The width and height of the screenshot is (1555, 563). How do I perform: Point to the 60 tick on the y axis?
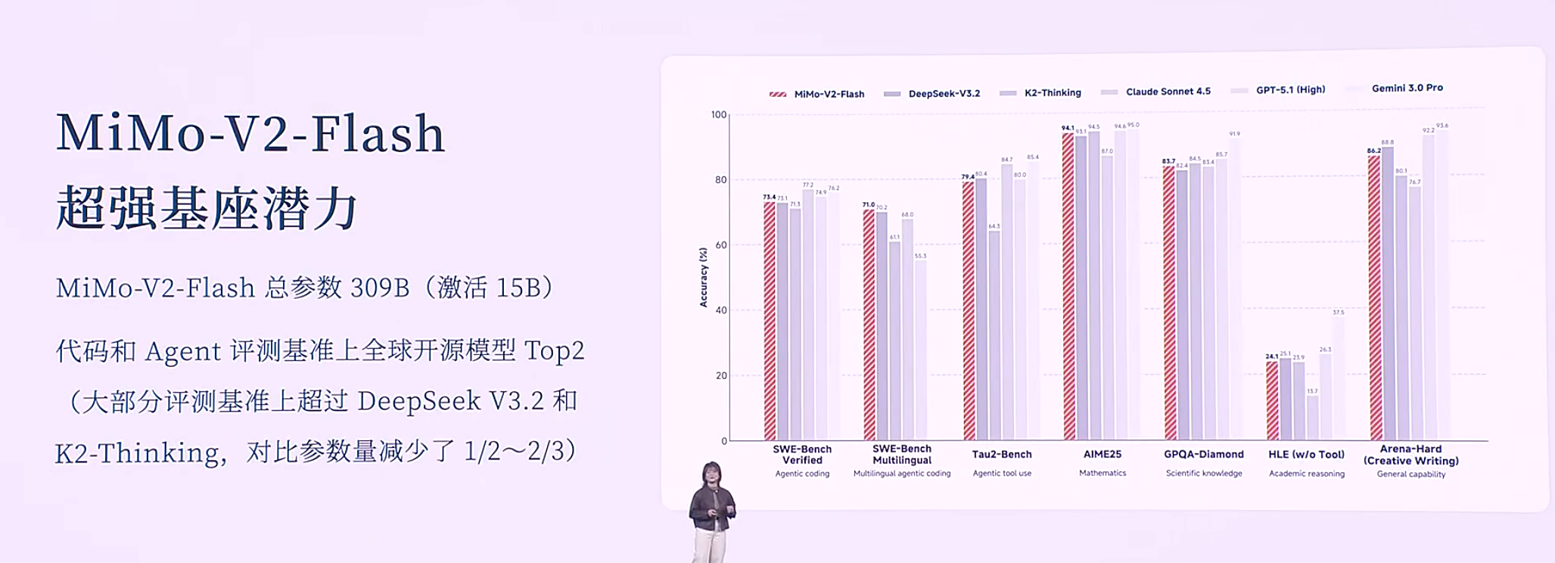pyautogui.click(x=720, y=245)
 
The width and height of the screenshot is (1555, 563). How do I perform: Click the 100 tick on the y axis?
pyautogui.click(x=718, y=114)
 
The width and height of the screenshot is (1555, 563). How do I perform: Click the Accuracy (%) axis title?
pyautogui.click(x=703, y=277)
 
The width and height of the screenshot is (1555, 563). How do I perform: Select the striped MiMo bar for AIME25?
pyautogui.click(x=1068, y=288)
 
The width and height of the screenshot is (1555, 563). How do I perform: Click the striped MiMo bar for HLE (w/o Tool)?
pyautogui.click(x=1272, y=401)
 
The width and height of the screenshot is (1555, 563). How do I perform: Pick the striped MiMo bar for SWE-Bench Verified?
pyautogui.click(x=770, y=322)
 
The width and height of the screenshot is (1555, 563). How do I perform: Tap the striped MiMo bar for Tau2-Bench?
pyautogui.click(x=968, y=310)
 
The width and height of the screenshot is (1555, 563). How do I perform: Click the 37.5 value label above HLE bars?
pyautogui.click(x=1339, y=312)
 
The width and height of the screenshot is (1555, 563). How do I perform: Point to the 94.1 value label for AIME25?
pyautogui.click(x=1068, y=128)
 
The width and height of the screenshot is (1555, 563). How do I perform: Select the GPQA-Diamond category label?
pyautogui.click(x=1203, y=454)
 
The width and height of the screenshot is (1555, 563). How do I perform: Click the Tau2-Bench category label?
pyautogui.click(x=1002, y=454)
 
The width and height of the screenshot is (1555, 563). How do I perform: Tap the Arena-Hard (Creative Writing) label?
pyautogui.click(x=1410, y=455)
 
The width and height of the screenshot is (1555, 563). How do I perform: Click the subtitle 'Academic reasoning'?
pyautogui.click(x=1307, y=474)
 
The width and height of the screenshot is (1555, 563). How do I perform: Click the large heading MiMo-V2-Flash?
pyautogui.click(x=250, y=133)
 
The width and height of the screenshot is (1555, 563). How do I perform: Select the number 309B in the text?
pyautogui.click(x=380, y=288)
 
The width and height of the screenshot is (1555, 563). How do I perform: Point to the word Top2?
pyautogui.click(x=554, y=350)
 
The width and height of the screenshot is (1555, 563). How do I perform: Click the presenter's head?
pyautogui.click(x=711, y=474)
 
